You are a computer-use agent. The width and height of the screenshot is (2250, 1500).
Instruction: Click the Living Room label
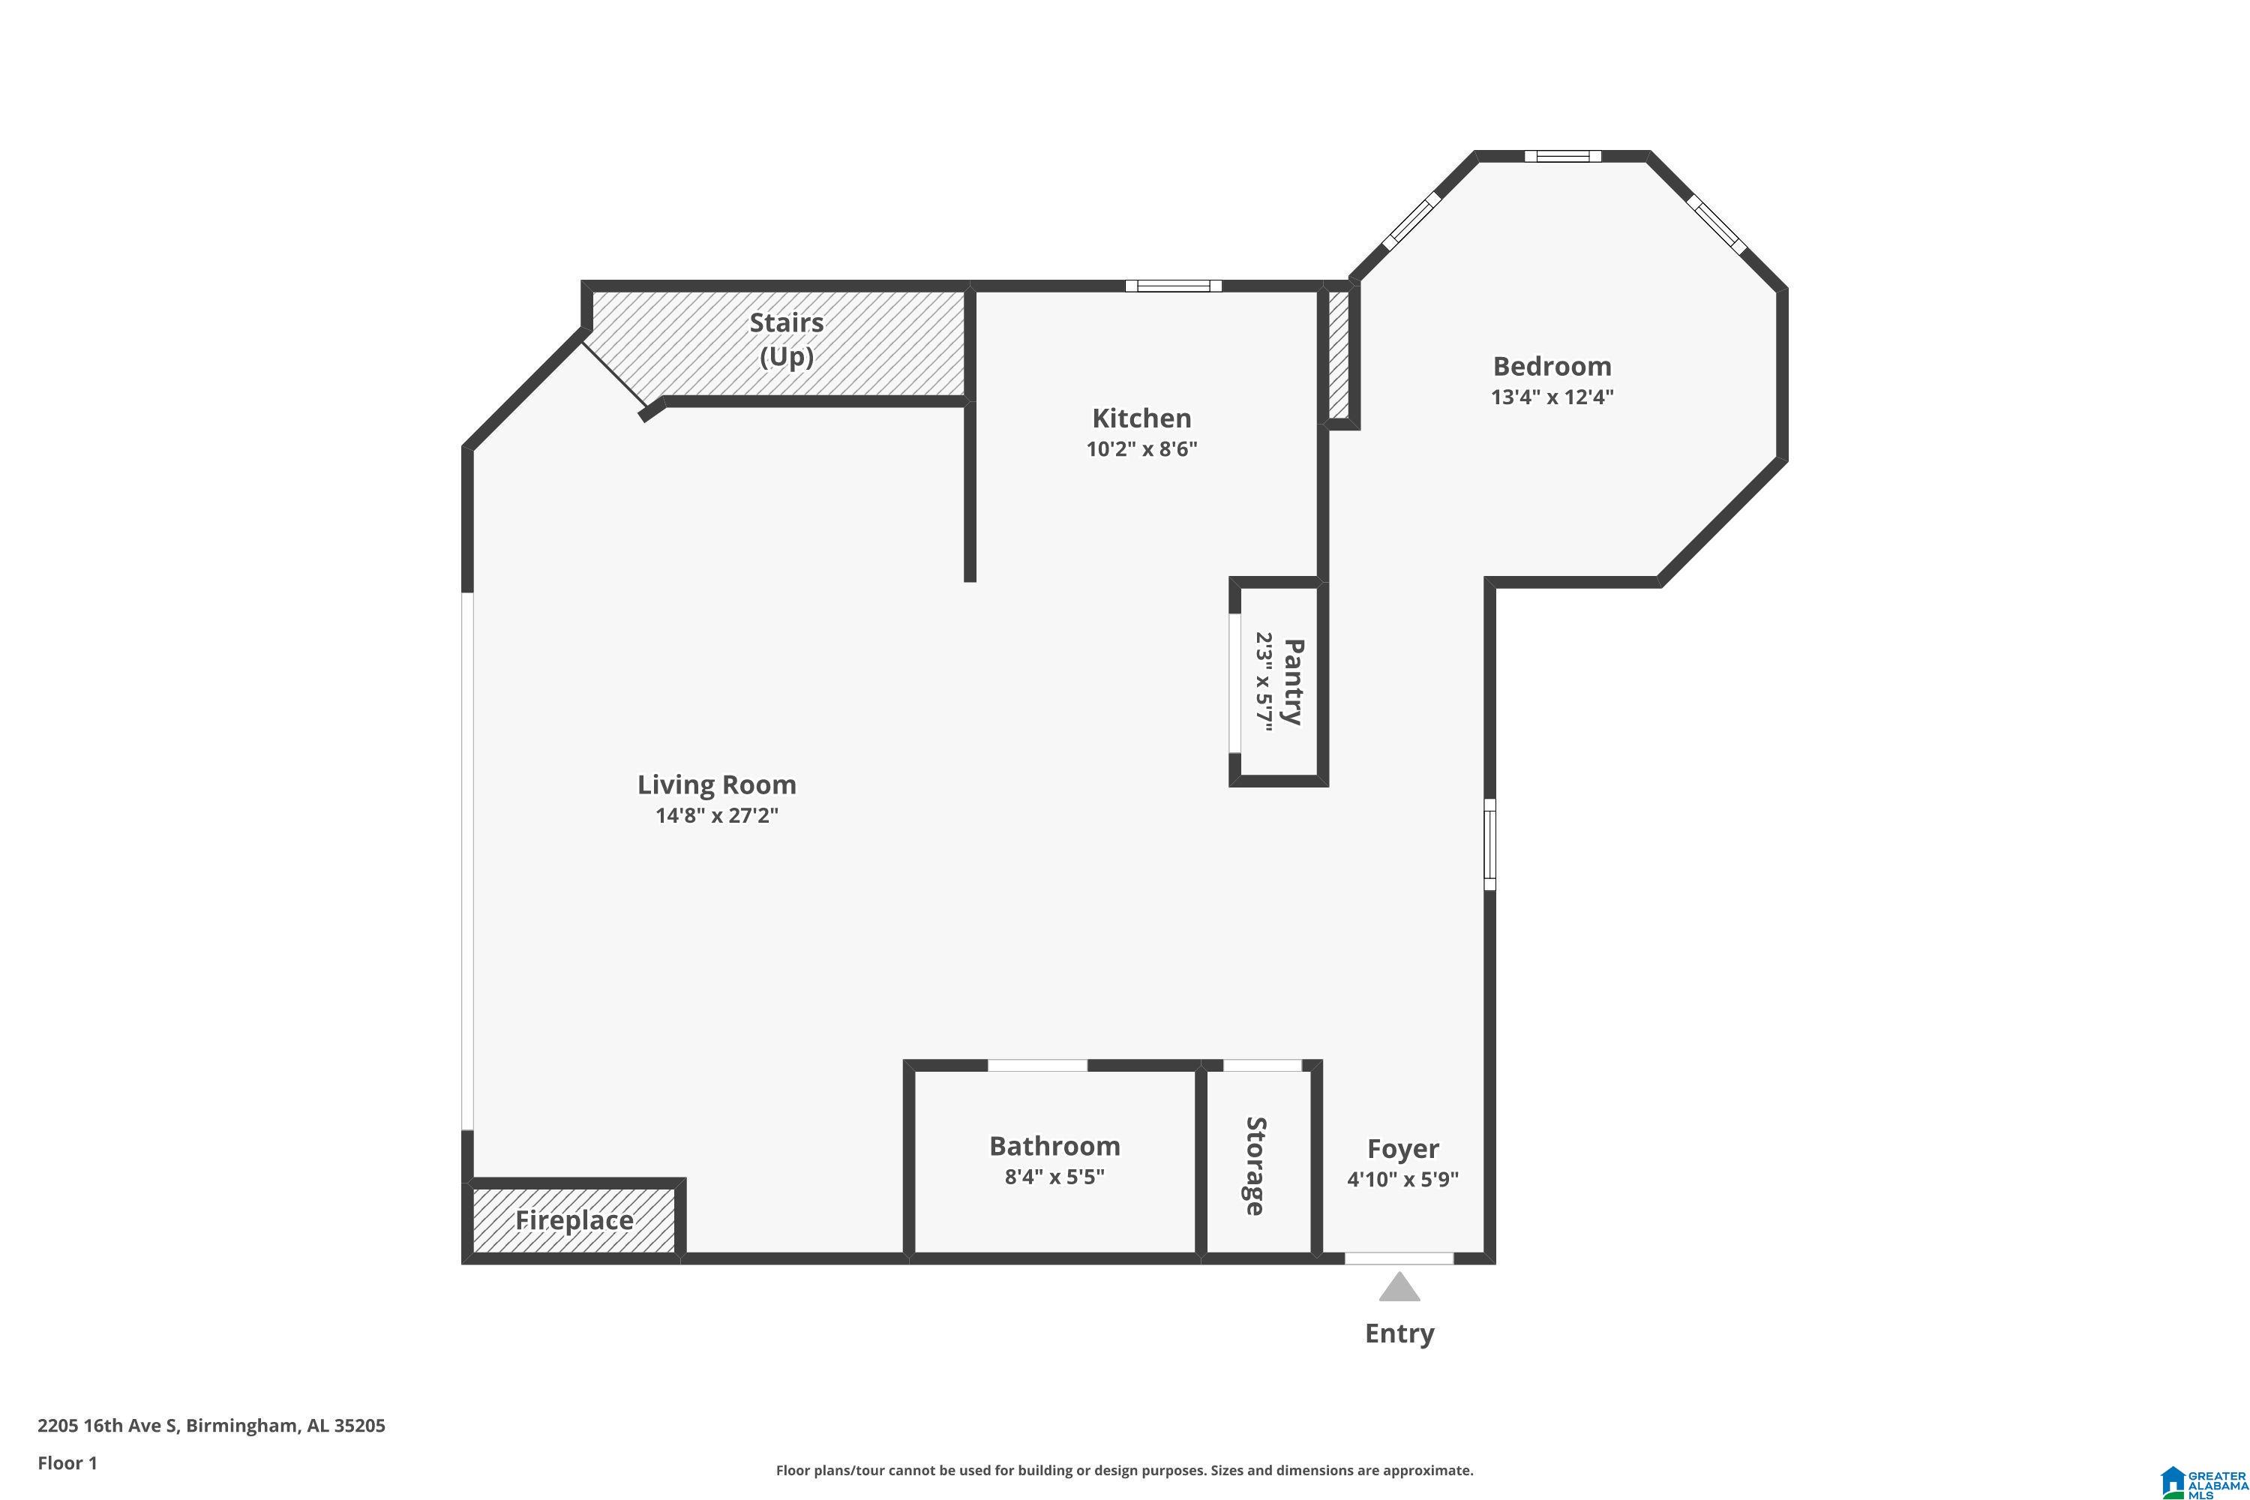(x=716, y=784)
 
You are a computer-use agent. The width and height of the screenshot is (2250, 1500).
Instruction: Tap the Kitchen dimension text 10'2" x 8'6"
(x=1141, y=448)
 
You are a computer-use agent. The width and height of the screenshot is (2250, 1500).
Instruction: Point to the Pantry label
(x=1292, y=682)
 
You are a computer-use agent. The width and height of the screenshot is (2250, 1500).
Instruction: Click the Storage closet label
(x=1255, y=1166)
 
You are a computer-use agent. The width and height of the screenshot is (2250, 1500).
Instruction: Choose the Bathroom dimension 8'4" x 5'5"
(x=1054, y=1177)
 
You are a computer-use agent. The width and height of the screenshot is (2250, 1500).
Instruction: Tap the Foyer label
(x=1402, y=1148)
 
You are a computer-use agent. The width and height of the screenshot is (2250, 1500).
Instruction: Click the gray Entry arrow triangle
(x=1399, y=1288)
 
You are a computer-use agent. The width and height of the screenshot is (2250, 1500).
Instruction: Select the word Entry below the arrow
(x=1399, y=1333)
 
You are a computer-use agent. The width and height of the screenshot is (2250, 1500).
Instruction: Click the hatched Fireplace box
(x=574, y=1221)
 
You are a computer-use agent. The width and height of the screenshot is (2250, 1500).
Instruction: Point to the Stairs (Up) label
(x=786, y=339)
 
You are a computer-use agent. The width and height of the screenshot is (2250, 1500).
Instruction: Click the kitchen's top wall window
(x=1173, y=285)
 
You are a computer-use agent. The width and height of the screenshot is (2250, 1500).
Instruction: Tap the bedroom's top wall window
(x=1562, y=156)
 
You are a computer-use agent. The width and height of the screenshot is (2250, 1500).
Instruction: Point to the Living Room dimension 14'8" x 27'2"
(x=716, y=815)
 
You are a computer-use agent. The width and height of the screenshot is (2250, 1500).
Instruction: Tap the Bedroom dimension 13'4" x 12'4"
(x=1552, y=396)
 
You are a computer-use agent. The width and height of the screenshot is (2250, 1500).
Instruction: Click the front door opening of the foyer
(x=1399, y=1258)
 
